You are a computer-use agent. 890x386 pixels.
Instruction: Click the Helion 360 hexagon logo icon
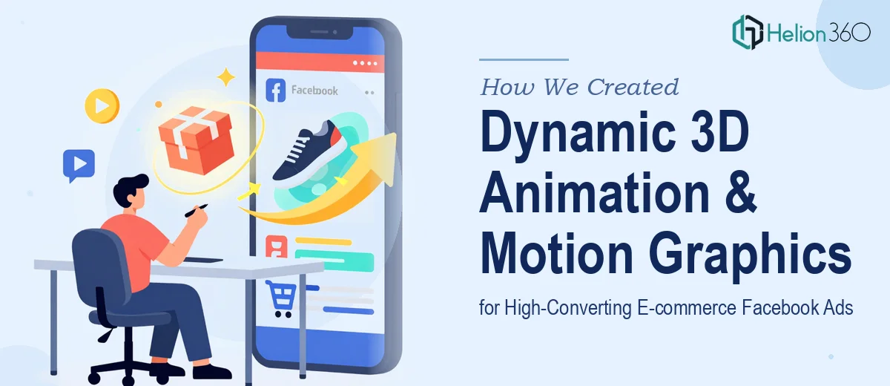click(x=748, y=32)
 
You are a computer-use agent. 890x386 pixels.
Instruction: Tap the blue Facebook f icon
click(x=276, y=91)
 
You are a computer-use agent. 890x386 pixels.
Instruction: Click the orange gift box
click(x=197, y=140)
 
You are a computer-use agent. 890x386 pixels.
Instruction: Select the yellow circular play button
click(x=102, y=105)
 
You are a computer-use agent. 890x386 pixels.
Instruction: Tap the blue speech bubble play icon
click(x=79, y=165)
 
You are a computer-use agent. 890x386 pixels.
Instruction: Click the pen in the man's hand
click(x=196, y=211)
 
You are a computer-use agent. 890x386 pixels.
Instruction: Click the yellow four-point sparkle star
click(x=226, y=76)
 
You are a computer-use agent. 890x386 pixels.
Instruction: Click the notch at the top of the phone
click(x=320, y=32)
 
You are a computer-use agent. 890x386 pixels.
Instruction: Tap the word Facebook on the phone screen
click(x=314, y=91)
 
